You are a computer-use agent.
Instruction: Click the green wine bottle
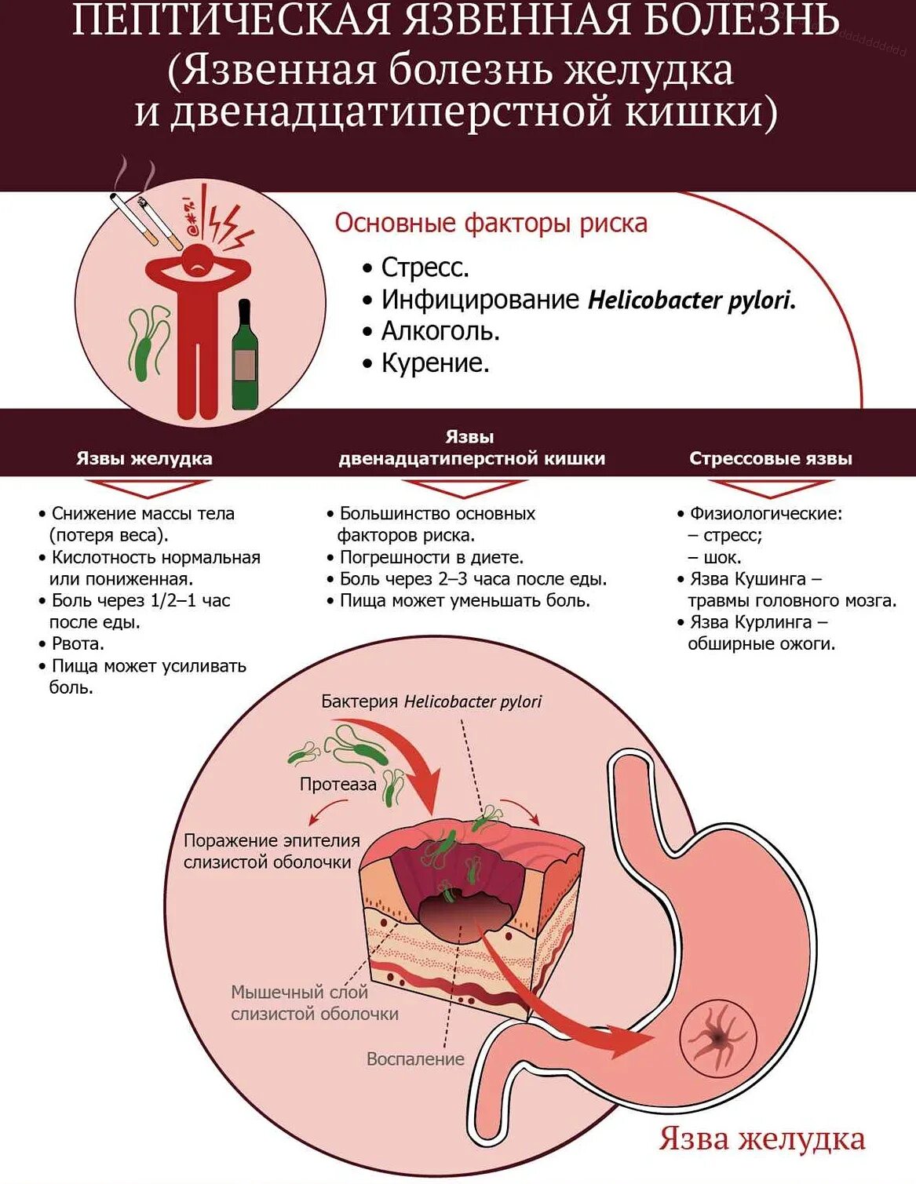point(245,358)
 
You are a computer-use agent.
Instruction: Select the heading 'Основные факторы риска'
point(491,223)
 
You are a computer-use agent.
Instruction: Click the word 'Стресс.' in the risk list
point(425,268)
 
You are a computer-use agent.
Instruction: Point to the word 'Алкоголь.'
point(440,331)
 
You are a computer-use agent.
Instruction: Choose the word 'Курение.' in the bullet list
point(435,363)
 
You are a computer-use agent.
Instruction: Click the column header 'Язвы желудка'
point(144,458)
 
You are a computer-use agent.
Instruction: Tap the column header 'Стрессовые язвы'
point(770,458)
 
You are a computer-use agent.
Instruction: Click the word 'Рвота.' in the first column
point(78,644)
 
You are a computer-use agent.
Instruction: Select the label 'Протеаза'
point(338,784)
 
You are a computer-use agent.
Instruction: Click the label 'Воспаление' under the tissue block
point(415,1059)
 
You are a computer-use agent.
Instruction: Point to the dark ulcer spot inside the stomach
point(717,1039)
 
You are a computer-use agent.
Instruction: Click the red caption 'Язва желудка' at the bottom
point(761,1138)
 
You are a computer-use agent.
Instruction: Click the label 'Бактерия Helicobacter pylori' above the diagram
point(431,701)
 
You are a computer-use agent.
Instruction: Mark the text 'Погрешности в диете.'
point(431,558)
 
